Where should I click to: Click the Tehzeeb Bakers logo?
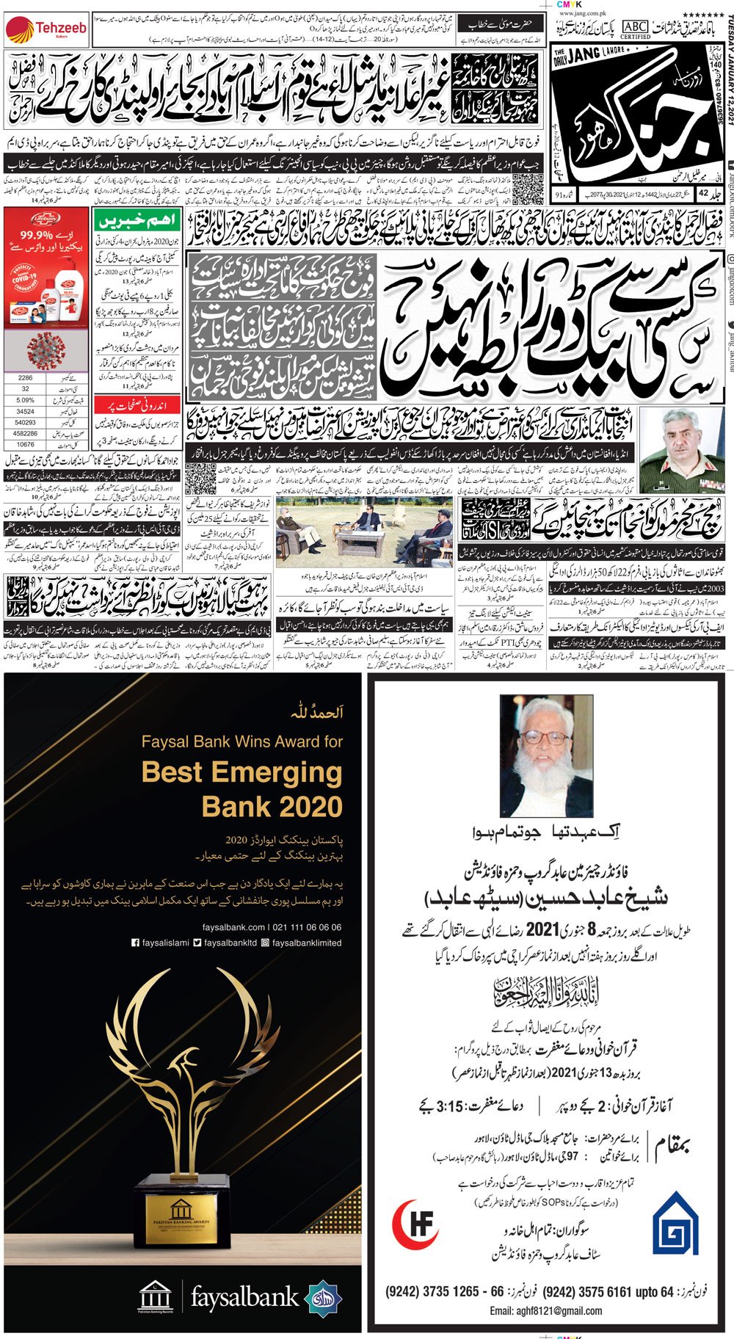click(46, 29)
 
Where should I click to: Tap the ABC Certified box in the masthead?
click(635, 29)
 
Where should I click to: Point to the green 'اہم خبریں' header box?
click(137, 221)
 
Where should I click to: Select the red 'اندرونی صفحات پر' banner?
click(137, 405)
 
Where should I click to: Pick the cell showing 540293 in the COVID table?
click(26, 423)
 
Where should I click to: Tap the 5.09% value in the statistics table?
click(26, 400)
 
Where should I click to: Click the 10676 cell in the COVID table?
click(26, 445)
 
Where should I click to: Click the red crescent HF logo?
click(417, 1224)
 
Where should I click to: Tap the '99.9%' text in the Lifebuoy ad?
click(37, 236)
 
